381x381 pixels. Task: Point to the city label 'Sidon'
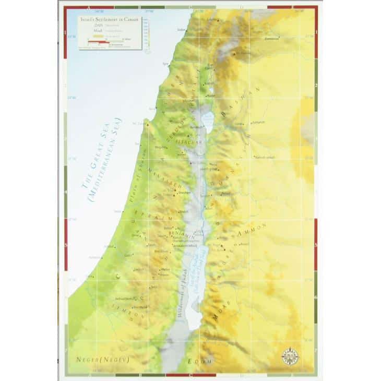[x=196, y=29]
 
